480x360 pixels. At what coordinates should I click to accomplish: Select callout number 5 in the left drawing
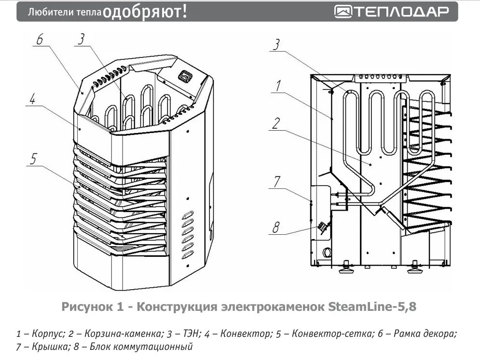pos(33,160)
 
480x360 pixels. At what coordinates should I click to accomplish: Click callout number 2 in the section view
pos(275,124)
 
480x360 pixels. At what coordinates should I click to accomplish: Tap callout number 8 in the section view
pos(276,227)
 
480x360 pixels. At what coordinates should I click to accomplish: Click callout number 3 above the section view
pos(276,44)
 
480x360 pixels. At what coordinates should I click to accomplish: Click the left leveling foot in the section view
pos(345,267)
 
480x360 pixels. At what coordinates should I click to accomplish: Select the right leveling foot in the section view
pos(415,267)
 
